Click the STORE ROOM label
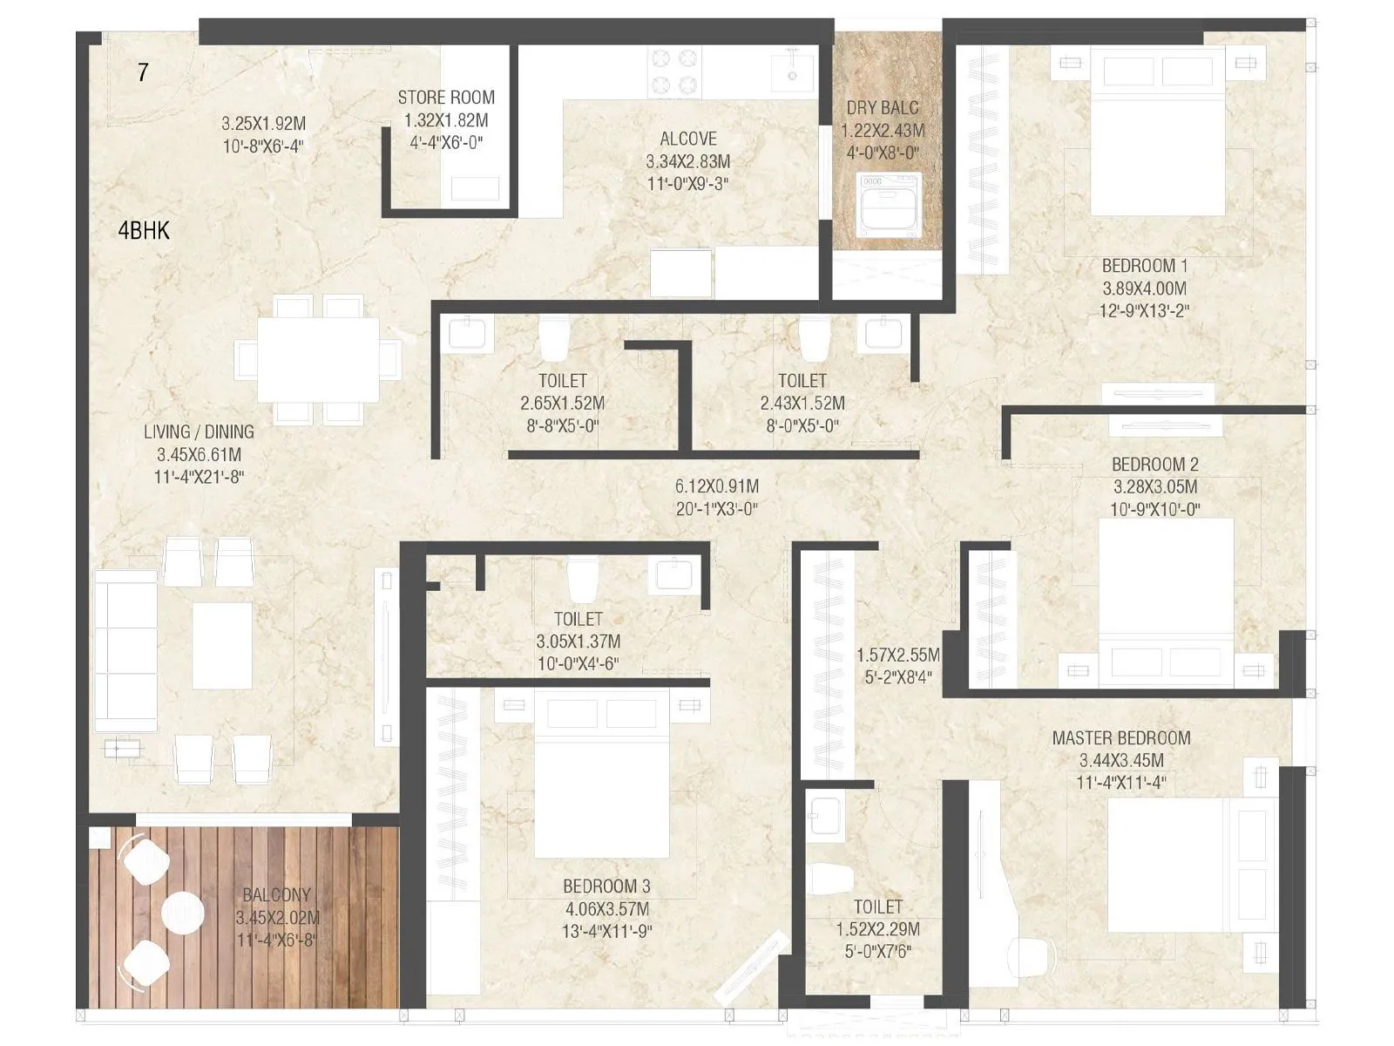[446, 98]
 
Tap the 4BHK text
[144, 231]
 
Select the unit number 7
[143, 72]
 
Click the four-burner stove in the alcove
[674, 72]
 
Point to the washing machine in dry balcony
[889, 206]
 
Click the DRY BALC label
[883, 108]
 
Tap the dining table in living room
[318, 359]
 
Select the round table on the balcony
[183, 913]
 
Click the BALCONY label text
[276, 895]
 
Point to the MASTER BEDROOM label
[1120, 738]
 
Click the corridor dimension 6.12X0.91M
[716, 486]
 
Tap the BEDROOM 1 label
[1144, 266]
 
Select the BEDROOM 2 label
[1154, 465]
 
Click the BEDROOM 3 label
[606, 886]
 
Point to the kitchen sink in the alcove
[793, 71]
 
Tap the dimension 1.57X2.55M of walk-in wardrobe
[897, 655]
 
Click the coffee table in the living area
[222, 646]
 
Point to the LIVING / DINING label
[199, 432]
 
